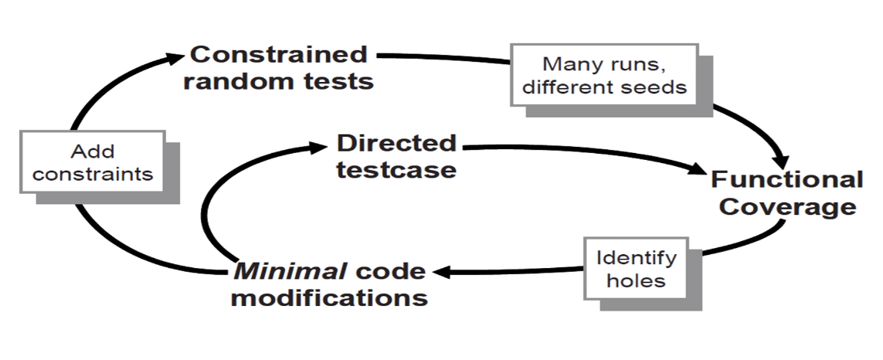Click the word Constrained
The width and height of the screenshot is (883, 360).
pyautogui.click(x=279, y=55)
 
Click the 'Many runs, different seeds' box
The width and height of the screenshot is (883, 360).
pyautogui.click(x=604, y=75)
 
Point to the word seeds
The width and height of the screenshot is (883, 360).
pyautogui.click(x=657, y=87)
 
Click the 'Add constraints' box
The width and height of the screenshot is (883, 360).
pyautogui.click(x=93, y=162)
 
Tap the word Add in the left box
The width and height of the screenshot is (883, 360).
pyautogui.click(x=93, y=151)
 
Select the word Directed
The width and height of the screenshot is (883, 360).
pyautogui.click(x=396, y=143)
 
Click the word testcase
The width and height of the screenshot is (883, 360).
pyautogui.click(x=396, y=170)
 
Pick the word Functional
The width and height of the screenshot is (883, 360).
pyautogui.click(x=786, y=180)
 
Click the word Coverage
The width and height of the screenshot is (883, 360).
pyautogui.click(x=787, y=207)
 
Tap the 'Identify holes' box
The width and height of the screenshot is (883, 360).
pyautogui.click(x=637, y=268)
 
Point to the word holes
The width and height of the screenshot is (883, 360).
pyautogui.click(x=637, y=280)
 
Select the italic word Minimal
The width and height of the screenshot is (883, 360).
pyautogui.click(x=290, y=272)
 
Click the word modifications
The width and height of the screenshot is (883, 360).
pyautogui.click(x=329, y=297)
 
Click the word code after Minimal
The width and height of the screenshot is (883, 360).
pyautogui.click(x=391, y=272)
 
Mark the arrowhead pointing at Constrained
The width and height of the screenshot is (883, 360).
pyautogui.click(x=175, y=57)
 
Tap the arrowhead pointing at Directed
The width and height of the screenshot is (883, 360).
pyautogui.click(x=317, y=147)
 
